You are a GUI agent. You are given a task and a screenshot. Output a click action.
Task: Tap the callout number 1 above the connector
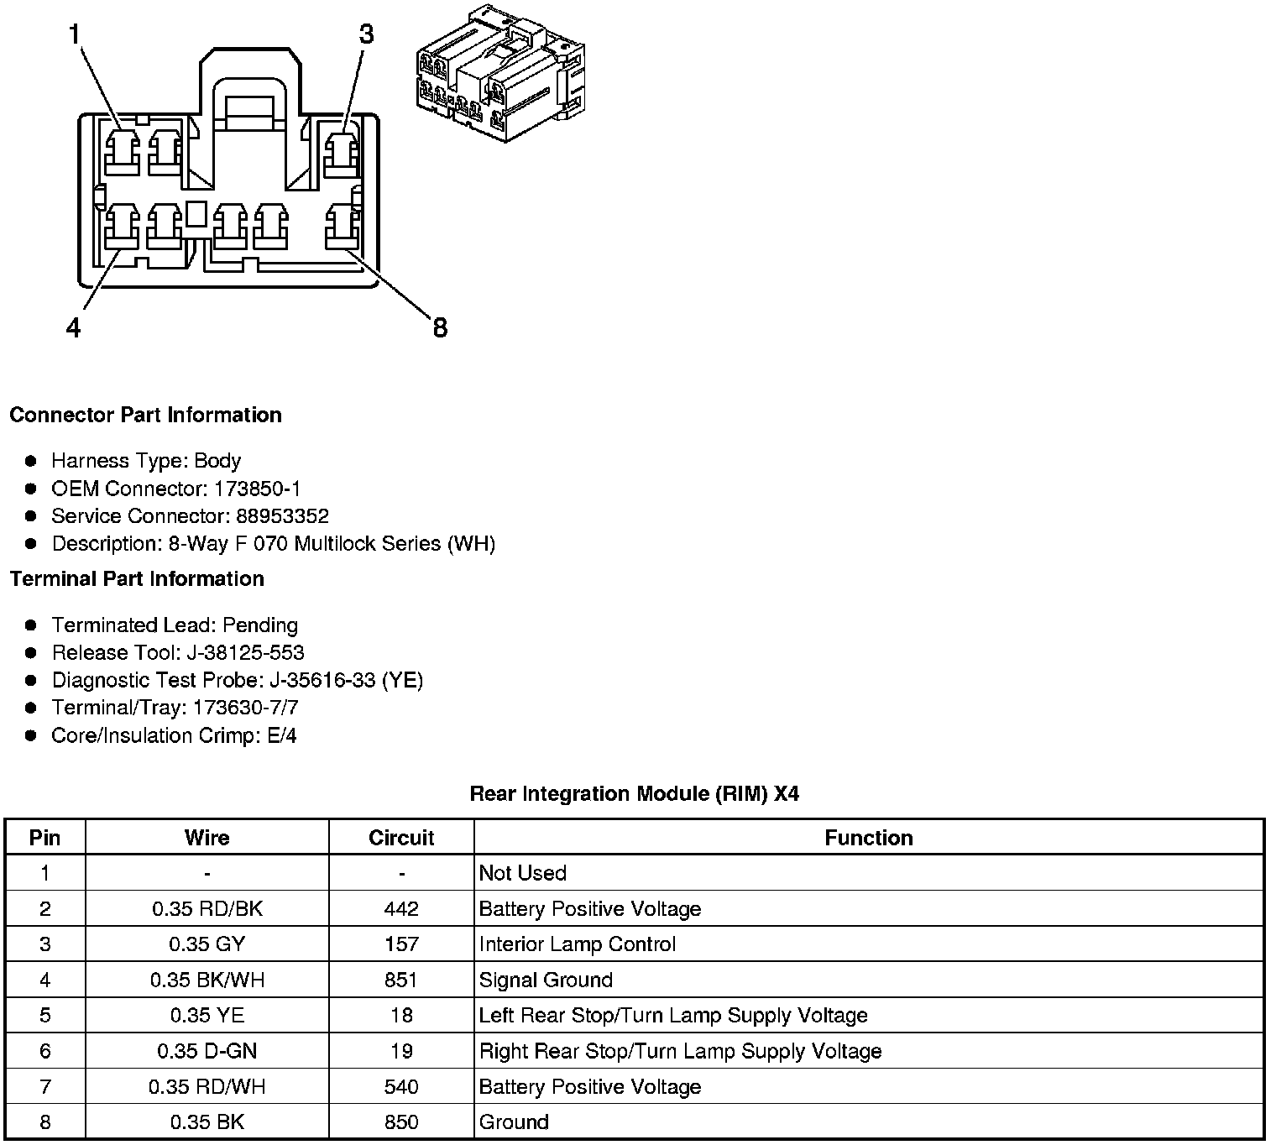click(75, 34)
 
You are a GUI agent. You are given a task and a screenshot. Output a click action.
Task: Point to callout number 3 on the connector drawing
click(366, 34)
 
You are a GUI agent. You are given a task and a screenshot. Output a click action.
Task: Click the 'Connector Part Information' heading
click(145, 416)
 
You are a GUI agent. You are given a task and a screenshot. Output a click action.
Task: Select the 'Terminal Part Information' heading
click(137, 579)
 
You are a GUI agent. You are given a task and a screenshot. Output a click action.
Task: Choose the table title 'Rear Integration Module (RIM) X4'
click(634, 794)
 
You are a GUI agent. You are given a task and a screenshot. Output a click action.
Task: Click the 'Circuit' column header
click(401, 838)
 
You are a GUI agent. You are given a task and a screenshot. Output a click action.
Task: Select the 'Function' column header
click(868, 838)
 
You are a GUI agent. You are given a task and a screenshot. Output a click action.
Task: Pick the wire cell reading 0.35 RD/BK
click(207, 909)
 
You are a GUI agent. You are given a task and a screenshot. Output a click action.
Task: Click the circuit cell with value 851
click(401, 980)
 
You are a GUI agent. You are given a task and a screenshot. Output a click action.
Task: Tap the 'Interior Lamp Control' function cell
click(577, 944)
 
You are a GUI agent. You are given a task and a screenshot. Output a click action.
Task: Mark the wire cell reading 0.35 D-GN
click(207, 1051)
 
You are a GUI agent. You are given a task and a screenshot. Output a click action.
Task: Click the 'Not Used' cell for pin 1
click(522, 873)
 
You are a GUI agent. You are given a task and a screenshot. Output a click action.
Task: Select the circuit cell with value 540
click(401, 1087)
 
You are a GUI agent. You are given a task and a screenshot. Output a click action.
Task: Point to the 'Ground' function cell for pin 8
click(513, 1122)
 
